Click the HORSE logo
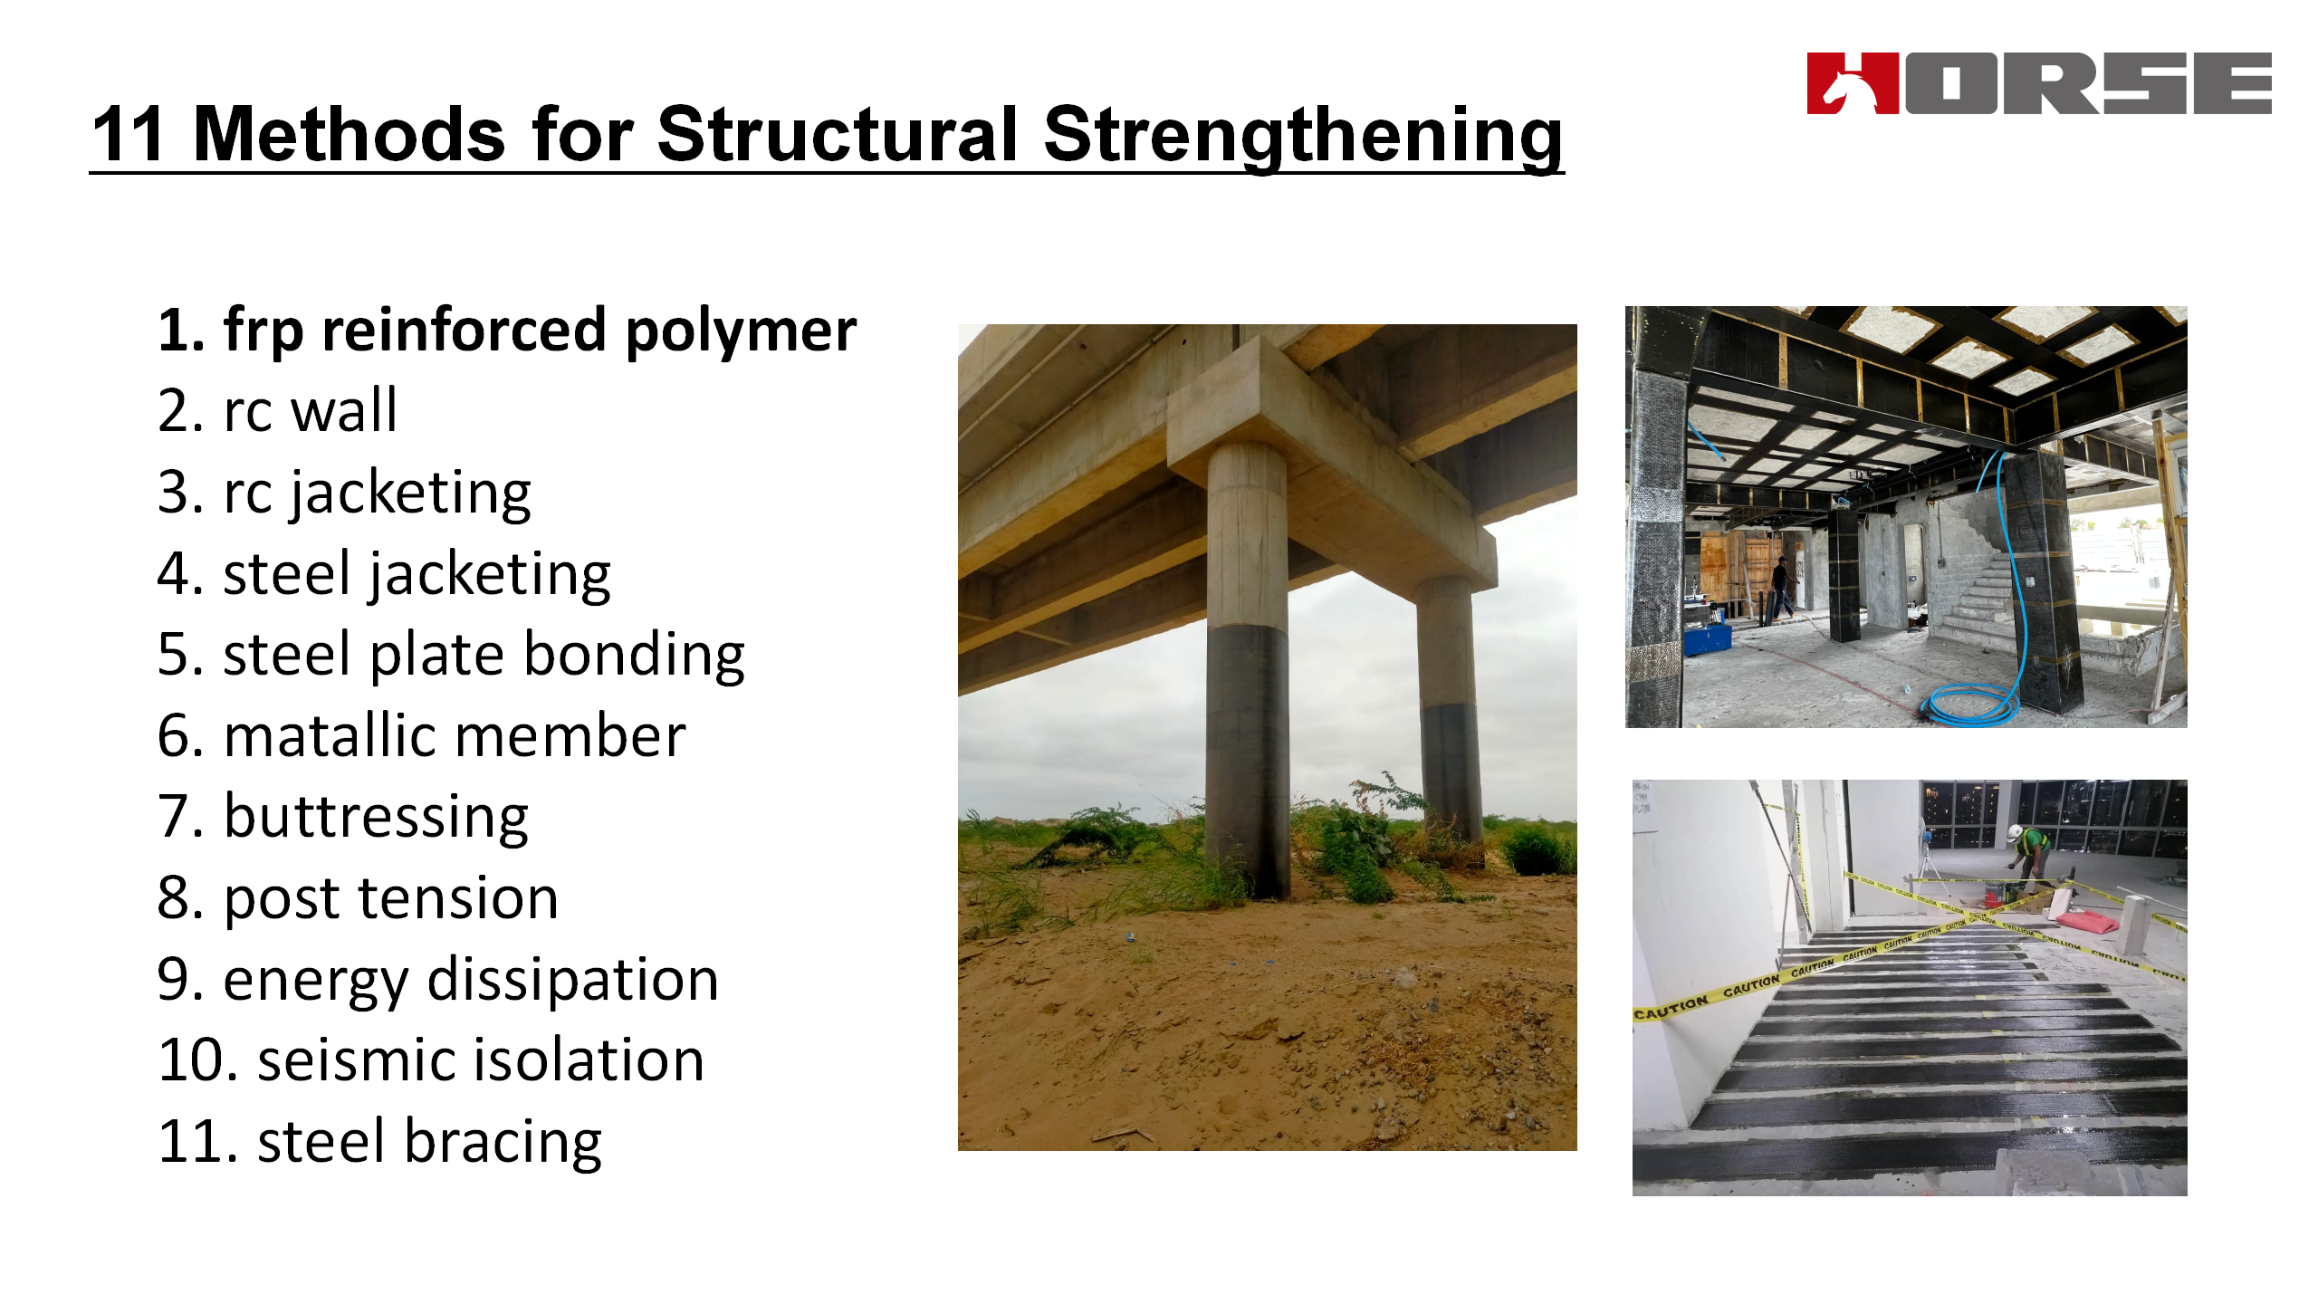2039,83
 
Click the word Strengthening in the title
1304,136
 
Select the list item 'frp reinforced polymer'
507,331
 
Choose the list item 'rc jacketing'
344,494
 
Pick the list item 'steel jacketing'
384,575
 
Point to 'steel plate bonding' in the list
451,656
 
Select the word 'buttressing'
376,818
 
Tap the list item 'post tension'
358,899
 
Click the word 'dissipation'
572,980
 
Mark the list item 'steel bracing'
379,1142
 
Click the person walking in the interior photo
1781,587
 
